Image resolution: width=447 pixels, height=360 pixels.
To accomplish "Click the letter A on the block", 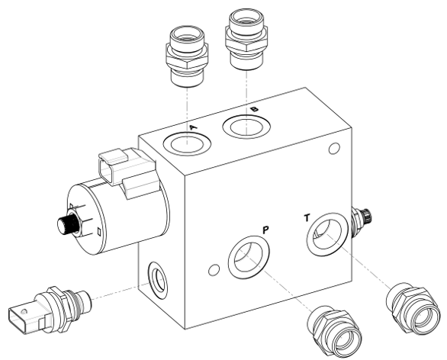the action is click(x=194, y=127).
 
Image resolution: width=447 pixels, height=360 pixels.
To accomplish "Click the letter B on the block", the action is click(x=254, y=109).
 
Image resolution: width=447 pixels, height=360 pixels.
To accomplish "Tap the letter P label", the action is click(x=265, y=230).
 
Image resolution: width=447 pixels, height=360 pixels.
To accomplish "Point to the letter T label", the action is click(x=307, y=218).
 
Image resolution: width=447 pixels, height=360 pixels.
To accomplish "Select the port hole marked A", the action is click(x=187, y=143).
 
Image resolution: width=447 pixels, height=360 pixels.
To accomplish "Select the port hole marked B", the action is click(x=246, y=127).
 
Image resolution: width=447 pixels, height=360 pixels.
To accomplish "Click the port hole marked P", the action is click(x=249, y=257).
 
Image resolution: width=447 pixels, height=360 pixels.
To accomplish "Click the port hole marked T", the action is click(x=327, y=234).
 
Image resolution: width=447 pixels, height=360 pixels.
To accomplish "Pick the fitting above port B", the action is click(x=246, y=39).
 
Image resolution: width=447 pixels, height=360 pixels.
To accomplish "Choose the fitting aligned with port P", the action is click(x=334, y=331).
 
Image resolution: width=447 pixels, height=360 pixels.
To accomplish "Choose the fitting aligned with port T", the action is click(x=412, y=308).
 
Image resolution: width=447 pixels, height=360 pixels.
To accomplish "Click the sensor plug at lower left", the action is click(x=50, y=310).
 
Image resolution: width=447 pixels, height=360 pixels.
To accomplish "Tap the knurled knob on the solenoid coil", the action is click(x=68, y=225).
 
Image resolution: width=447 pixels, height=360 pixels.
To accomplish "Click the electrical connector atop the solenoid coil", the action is click(x=127, y=172).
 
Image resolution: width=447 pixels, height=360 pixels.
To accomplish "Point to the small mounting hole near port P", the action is click(x=214, y=270).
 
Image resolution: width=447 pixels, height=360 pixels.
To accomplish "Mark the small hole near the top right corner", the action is click(x=334, y=149).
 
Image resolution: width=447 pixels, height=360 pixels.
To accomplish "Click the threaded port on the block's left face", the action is click(x=157, y=280).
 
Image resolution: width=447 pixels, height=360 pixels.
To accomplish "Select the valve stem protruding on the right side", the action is click(x=362, y=220).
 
